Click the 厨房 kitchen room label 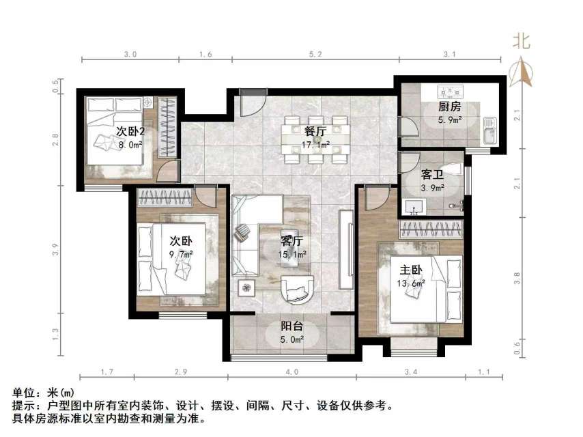[450, 107]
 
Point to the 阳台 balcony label [291, 326]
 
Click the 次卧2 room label [129, 131]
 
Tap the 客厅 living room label [292, 241]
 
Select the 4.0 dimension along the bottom [291, 372]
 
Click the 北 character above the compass [522, 41]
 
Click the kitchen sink [489, 130]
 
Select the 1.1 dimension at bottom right [484, 372]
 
